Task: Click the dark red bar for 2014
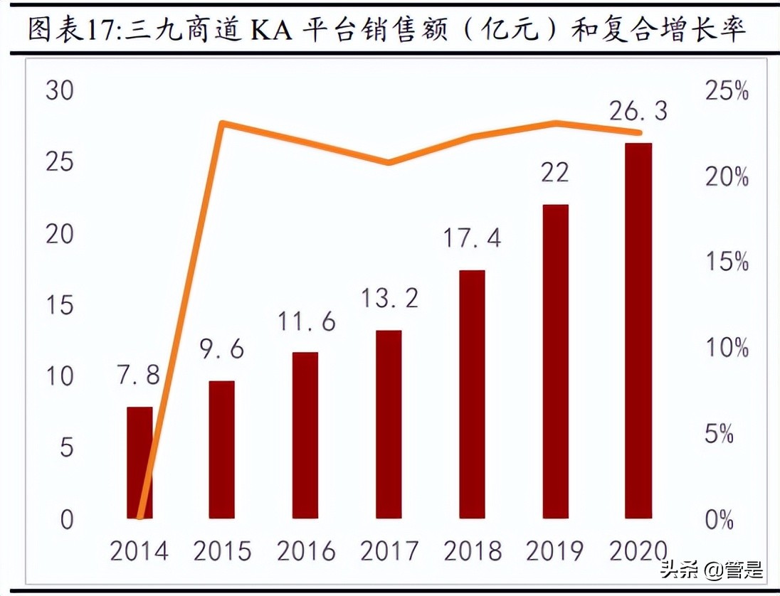pyautogui.click(x=139, y=462)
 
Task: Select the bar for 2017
pyautogui.click(x=389, y=424)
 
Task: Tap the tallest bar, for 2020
pyautogui.click(x=638, y=330)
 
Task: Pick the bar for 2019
pyautogui.click(x=555, y=361)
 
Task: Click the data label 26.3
pyautogui.click(x=638, y=111)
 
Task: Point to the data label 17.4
pyautogui.click(x=472, y=238)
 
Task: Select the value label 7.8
pyautogui.click(x=139, y=374)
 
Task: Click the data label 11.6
pyautogui.click(x=305, y=321)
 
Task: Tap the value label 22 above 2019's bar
pyautogui.click(x=555, y=171)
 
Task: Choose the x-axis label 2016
pyautogui.click(x=305, y=550)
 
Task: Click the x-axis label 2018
pyautogui.click(x=472, y=550)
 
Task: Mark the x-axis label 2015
pyautogui.click(x=222, y=550)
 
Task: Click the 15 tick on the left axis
pyautogui.click(x=58, y=306)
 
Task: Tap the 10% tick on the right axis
pyautogui.click(x=726, y=348)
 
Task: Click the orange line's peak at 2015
pyautogui.click(x=222, y=124)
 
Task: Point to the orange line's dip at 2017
pyautogui.click(x=389, y=163)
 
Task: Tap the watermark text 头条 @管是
pyautogui.click(x=712, y=570)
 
